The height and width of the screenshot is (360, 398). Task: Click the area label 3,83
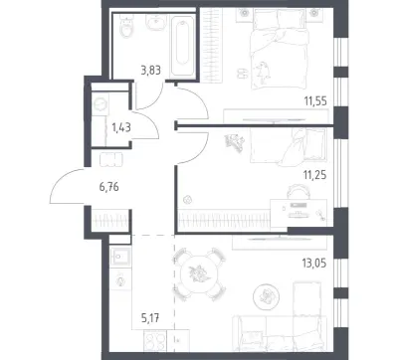point(150,71)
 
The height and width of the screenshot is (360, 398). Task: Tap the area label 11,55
point(315,100)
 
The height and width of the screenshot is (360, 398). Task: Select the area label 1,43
point(121,127)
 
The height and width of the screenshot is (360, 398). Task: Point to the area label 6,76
point(108,187)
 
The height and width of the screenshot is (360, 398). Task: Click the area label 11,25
point(314,174)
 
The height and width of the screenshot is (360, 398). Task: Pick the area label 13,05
point(314,264)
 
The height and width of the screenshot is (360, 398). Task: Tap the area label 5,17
point(150,319)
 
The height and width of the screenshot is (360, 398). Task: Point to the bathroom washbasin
point(155,23)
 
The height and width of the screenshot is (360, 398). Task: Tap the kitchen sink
point(120,257)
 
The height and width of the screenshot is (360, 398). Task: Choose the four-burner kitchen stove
point(155,341)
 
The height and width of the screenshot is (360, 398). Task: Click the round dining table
point(199,274)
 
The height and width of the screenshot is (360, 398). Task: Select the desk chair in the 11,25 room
point(298,192)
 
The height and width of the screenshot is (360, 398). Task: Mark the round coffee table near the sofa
point(266,296)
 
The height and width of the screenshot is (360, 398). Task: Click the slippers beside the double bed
point(242,73)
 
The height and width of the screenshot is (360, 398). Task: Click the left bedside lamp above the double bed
point(245,13)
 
